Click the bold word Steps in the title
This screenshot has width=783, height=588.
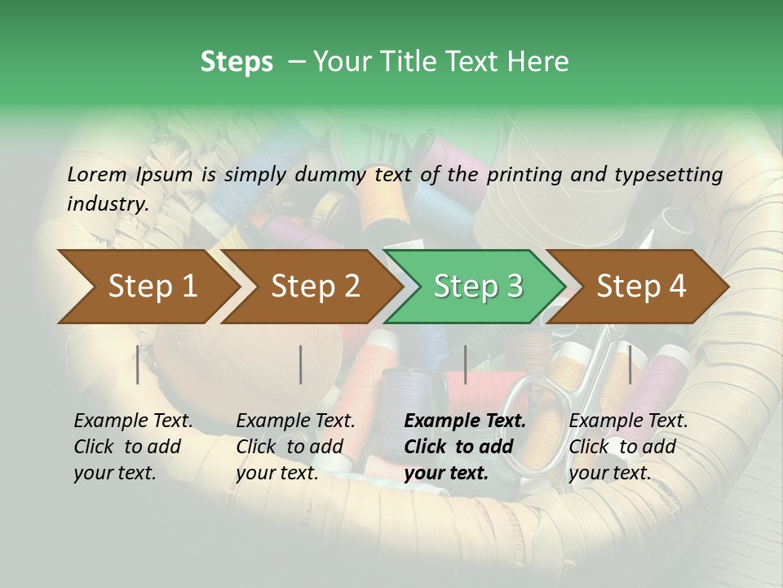pyautogui.click(x=237, y=61)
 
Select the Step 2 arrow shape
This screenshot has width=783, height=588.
pyautogui.click(x=310, y=287)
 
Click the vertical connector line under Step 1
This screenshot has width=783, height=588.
pyautogui.click(x=138, y=364)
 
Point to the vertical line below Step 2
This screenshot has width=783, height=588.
pyautogui.click(x=301, y=364)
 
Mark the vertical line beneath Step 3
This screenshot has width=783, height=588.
pyautogui.click(x=466, y=364)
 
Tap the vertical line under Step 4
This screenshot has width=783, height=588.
pyautogui.click(x=630, y=364)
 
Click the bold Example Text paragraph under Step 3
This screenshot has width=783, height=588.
pyautogui.click(x=465, y=447)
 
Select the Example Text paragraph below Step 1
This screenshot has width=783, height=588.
pyautogui.click(x=133, y=447)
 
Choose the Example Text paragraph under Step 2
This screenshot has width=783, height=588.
pyautogui.click(x=295, y=447)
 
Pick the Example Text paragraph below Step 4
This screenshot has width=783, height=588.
pyautogui.click(x=628, y=447)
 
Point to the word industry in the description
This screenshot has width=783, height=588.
pyautogui.click(x=107, y=203)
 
